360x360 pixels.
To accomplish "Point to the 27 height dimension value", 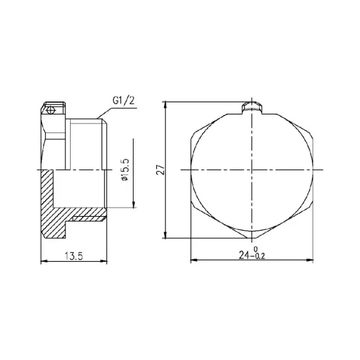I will [x=161, y=169].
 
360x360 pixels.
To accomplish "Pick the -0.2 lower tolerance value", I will [x=258, y=256].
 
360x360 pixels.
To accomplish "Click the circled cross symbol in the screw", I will [x=51, y=111].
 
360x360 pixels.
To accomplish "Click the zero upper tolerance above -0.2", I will [x=257, y=249].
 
